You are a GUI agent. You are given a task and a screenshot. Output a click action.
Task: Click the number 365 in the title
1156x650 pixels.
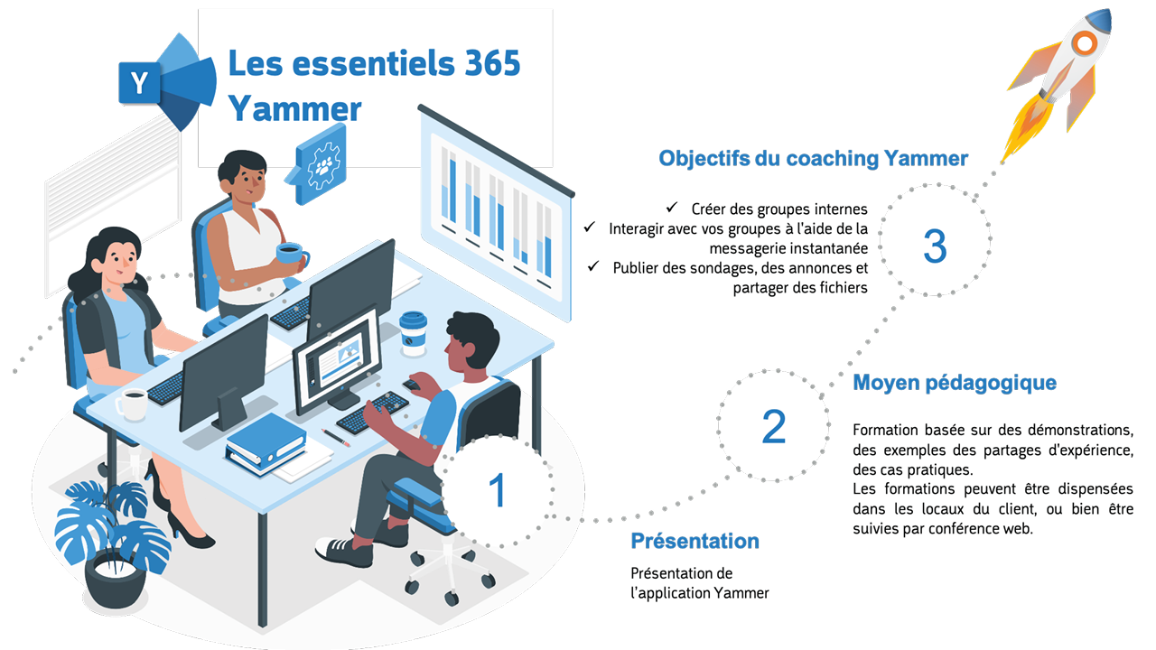coord(492,63)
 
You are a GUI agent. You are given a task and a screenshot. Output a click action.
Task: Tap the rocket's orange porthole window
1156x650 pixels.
coord(1085,44)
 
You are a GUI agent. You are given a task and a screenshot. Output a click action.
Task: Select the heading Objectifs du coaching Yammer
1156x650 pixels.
coord(814,158)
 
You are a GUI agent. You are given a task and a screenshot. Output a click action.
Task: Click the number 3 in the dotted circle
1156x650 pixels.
coord(935,246)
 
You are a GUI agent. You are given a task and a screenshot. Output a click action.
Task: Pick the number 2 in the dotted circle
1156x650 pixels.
coord(774,427)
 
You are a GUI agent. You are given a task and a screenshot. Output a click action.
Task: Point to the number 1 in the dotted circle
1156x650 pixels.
coord(498,490)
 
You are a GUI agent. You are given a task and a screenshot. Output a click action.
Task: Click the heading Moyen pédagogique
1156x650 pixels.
coord(955,383)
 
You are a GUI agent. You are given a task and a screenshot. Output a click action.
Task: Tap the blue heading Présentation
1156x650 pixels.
coord(695,541)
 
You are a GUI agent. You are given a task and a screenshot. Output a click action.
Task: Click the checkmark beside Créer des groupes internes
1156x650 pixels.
coord(671,208)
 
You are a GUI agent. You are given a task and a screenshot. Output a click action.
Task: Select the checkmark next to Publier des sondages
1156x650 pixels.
coord(593,266)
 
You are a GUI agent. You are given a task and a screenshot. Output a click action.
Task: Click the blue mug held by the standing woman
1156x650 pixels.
coord(291,254)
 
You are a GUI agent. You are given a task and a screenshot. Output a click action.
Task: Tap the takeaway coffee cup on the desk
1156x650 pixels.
coord(413,334)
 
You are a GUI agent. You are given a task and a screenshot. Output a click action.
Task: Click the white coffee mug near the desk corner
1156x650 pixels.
coord(133,404)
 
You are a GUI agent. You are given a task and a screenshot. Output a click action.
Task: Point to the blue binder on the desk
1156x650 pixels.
coord(266,443)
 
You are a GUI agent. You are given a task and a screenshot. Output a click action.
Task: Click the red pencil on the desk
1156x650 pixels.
coord(335,438)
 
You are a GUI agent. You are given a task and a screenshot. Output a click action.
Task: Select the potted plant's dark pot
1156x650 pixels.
coord(115,580)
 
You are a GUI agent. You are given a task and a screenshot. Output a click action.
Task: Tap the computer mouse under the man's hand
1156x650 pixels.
coord(411,385)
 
